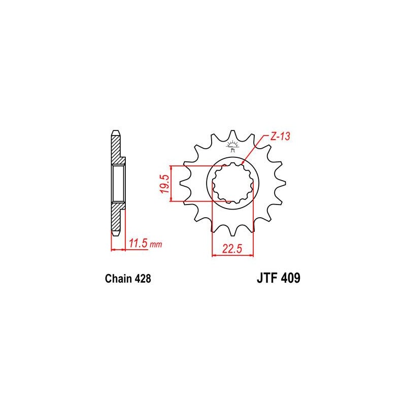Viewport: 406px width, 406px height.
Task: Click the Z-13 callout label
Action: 280,137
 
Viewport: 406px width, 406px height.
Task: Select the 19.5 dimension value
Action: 165,184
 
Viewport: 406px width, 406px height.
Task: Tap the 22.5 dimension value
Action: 232,249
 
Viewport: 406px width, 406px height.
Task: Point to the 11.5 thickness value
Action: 139,244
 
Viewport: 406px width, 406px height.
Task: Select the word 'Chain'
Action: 118,279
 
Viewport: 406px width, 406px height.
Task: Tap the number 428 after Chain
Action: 143,279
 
